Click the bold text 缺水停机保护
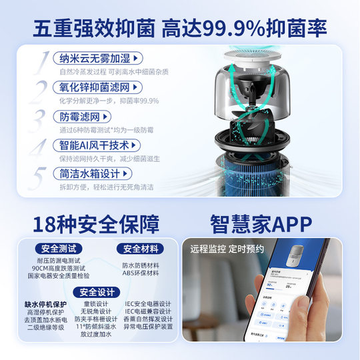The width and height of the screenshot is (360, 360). (45, 304)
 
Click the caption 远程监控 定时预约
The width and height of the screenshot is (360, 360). (227, 249)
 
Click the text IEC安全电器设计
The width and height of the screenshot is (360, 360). (147, 304)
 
